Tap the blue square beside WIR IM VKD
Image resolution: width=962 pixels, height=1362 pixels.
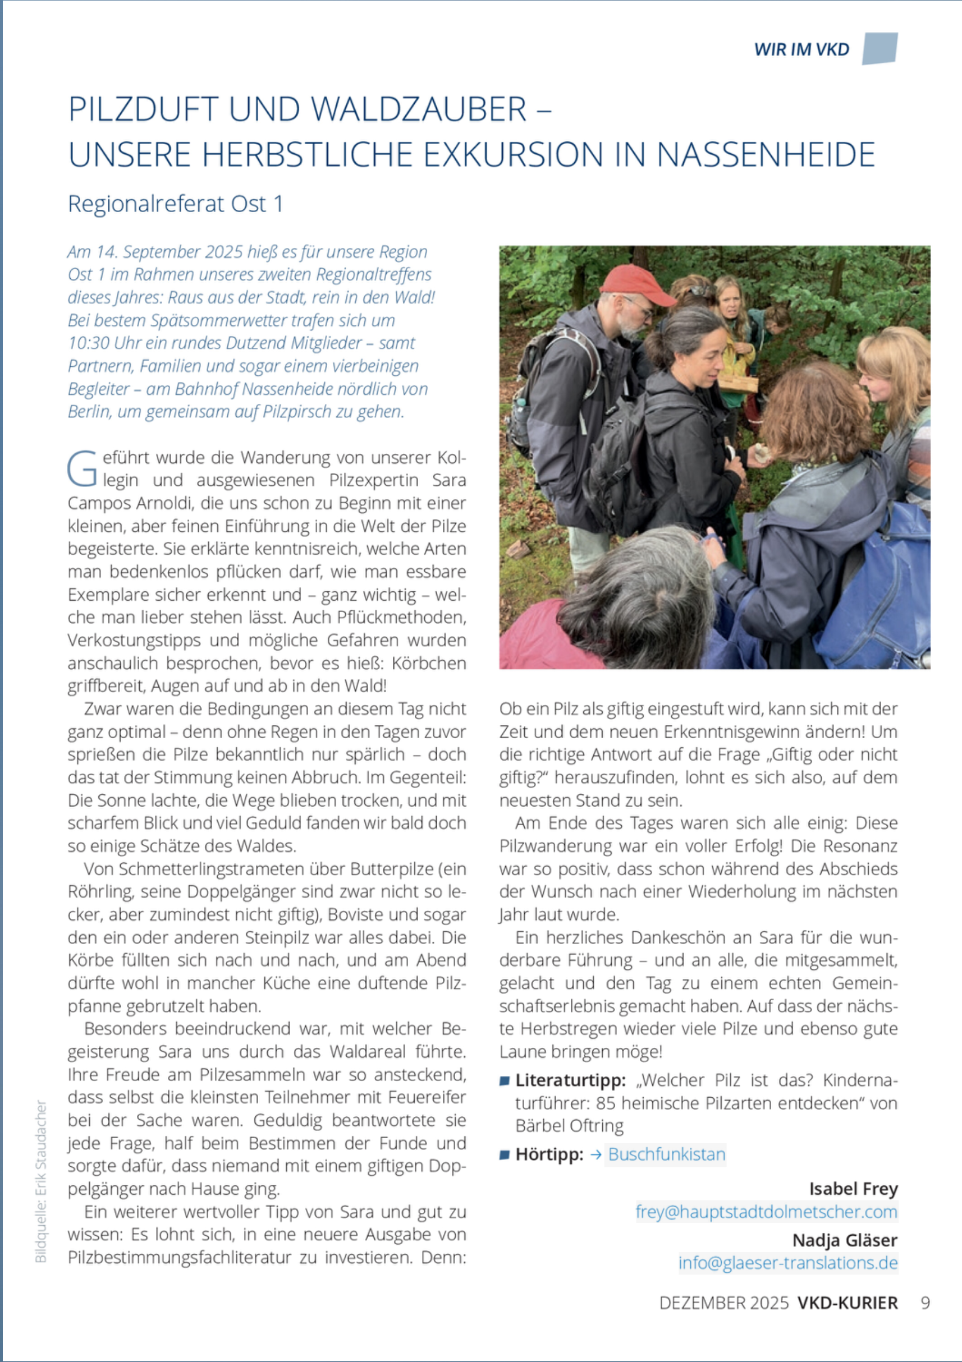[879, 48]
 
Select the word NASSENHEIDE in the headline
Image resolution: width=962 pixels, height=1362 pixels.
[766, 155]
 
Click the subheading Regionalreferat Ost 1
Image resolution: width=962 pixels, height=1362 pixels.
[175, 204]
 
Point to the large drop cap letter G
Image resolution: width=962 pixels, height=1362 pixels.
[82, 468]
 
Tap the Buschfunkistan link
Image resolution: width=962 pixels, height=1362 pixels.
[666, 1154]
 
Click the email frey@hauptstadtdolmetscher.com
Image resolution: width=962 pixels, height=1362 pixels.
[766, 1211]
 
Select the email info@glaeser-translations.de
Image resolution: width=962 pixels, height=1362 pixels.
[787, 1262]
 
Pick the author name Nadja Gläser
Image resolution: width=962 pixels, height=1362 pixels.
[845, 1240]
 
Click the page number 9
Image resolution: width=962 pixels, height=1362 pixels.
[925, 1303]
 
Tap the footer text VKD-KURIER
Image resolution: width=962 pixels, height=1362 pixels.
[848, 1303]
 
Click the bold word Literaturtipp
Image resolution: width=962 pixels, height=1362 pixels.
[570, 1080]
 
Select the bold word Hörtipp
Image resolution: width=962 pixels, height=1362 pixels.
[549, 1154]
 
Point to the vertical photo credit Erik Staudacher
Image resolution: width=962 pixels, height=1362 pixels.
[40, 1180]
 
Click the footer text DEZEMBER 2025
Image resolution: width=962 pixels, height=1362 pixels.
[724, 1303]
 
